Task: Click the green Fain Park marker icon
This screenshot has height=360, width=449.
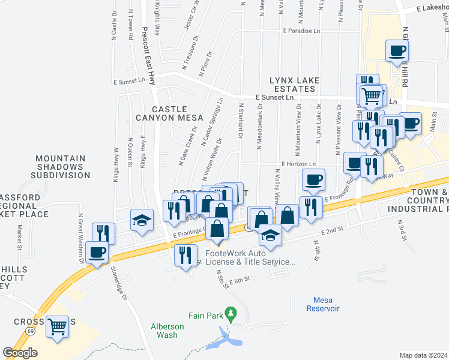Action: [229, 313]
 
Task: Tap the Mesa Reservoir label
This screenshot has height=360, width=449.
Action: [326, 304]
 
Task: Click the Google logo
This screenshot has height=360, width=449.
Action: [20, 352]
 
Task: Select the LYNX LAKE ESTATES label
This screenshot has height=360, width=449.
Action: [294, 85]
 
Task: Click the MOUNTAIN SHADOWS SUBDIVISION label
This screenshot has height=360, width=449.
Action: [62, 167]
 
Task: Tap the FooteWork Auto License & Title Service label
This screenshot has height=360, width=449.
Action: [250, 257]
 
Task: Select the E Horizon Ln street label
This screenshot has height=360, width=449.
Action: [298, 164]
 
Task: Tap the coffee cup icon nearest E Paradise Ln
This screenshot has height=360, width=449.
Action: [396, 52]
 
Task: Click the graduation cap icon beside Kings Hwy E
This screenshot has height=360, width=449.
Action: [142, 220]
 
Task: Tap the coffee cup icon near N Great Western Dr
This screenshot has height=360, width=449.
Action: [97, 252]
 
